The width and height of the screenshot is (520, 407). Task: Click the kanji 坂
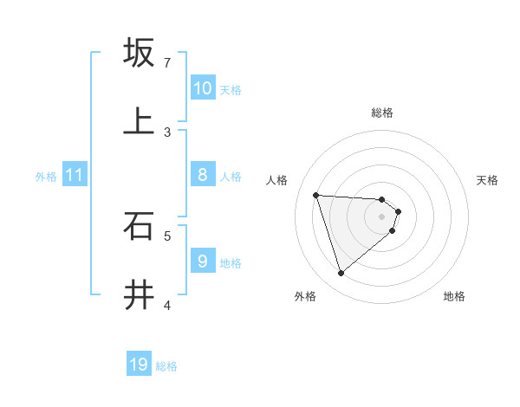139,53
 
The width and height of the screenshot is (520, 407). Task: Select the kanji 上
139,121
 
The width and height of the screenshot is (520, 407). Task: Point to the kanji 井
139,294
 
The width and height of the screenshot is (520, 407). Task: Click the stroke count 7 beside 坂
167,63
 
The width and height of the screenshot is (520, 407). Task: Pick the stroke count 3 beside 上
167,132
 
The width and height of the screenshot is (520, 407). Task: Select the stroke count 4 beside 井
167,305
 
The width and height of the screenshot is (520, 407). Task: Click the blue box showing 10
202,88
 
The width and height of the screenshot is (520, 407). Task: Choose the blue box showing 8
202,175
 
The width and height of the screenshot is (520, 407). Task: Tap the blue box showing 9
202,261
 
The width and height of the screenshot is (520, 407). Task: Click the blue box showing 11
75,175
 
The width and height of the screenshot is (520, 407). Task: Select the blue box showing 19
139,365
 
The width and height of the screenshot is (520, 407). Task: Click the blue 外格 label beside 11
46,177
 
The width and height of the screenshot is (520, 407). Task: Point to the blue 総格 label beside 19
166,366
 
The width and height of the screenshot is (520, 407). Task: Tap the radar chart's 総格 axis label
382,113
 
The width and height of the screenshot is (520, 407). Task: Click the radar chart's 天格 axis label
487,180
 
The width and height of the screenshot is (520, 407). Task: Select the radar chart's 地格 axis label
454,296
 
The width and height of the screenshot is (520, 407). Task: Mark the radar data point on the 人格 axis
315,195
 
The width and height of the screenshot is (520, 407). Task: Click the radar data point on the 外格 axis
341,274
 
